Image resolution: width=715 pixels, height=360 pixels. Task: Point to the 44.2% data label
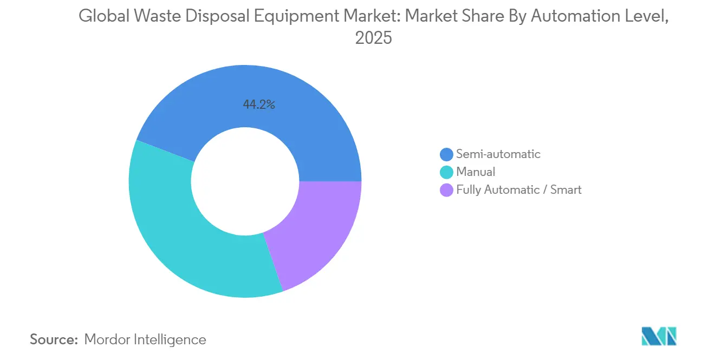point(259,105)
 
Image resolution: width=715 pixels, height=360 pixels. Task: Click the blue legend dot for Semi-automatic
point(446,154)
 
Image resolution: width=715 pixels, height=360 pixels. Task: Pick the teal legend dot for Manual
point(446,172)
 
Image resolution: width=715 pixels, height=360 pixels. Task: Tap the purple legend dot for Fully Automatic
point(446,190)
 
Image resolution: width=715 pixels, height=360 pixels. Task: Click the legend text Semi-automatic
point(498,154)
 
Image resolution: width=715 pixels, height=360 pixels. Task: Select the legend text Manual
point(476,172)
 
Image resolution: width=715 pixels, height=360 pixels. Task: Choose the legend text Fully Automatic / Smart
point(519,190)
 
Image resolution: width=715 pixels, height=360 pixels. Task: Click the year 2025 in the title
point(373,39)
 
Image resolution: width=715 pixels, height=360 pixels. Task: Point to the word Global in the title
point(101,16)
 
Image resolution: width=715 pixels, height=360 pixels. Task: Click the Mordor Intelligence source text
point(145,339)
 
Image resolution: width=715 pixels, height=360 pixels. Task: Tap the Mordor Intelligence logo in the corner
point(659,336)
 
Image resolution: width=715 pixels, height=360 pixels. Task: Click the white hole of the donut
point(245,181)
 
